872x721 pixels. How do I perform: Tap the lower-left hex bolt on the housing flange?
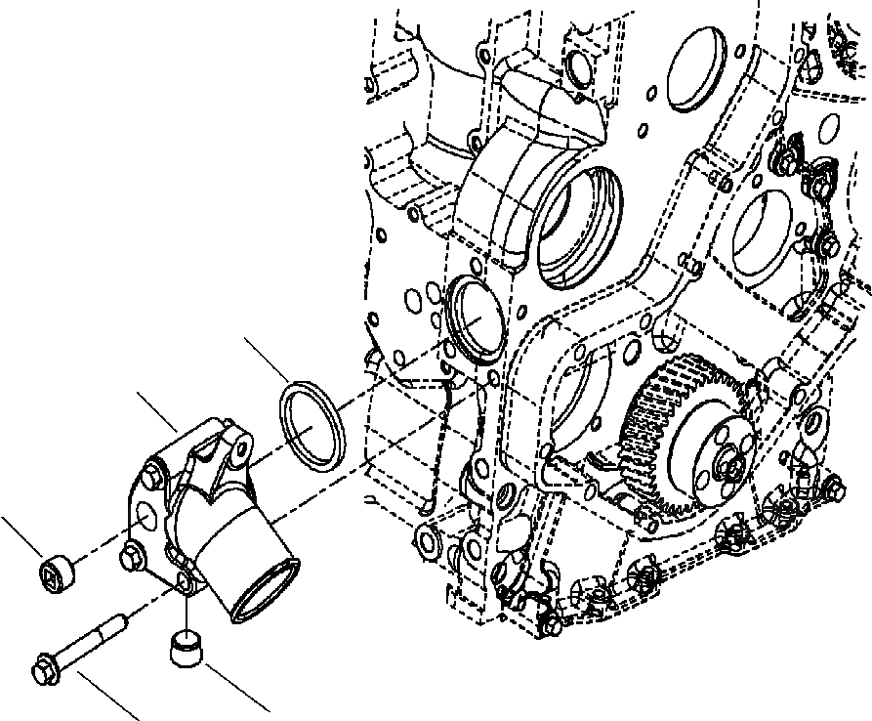click(x=129, y=558)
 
